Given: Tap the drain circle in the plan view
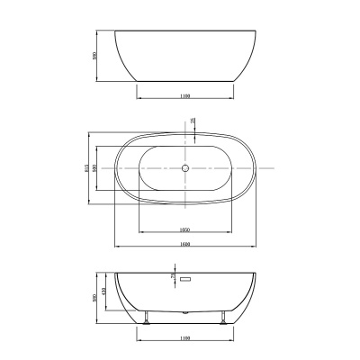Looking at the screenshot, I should (184, 168).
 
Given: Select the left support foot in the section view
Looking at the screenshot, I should (144, 318).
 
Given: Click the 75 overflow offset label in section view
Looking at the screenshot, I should (174, 277).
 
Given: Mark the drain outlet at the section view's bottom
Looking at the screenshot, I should (184, 312).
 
